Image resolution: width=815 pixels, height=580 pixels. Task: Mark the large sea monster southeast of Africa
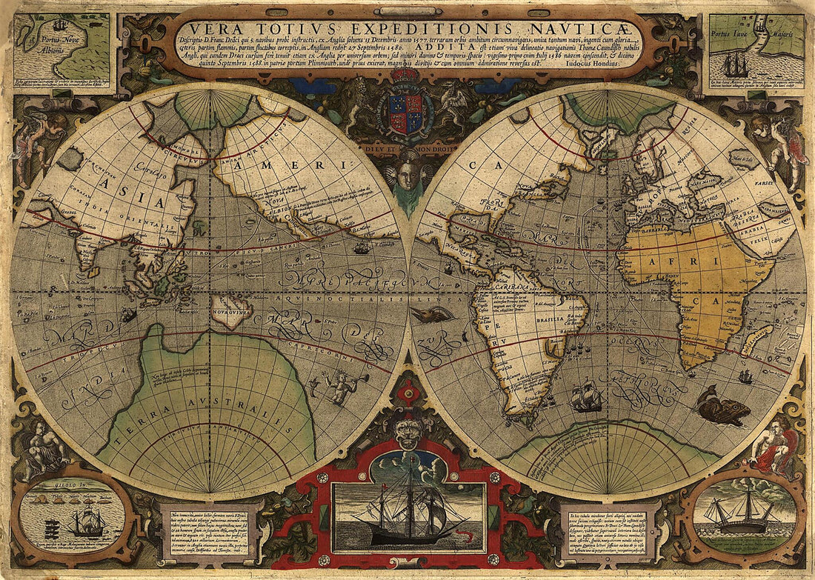pos(722,407)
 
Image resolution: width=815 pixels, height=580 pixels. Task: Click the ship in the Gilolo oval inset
pos(87,523)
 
